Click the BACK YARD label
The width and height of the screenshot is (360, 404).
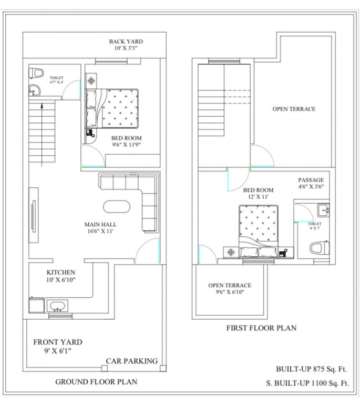click(x=126, y=42)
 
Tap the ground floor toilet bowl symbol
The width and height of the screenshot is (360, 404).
click(x=37, y=73)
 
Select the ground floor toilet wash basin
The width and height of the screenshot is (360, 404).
click(x=34, y=90)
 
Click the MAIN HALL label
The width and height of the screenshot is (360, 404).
click(x=99, y=224)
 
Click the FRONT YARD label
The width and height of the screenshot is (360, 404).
click(x=58, y=342)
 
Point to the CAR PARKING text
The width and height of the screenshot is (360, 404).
click(x=132, y=361)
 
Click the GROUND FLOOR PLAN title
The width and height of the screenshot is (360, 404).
click(x=96, y=382)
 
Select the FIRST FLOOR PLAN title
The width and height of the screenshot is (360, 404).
click(x=261, y=328)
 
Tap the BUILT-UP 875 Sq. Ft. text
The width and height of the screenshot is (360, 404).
click(x=312, y=368)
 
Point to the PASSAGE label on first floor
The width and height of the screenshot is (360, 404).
click(x=311, y=179)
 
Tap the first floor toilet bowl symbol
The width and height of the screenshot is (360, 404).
click(x=317, y=247)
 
